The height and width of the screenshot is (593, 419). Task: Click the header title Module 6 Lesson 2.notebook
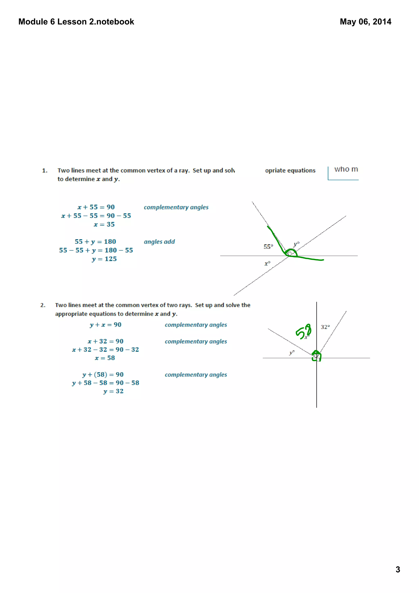tap(76, 22)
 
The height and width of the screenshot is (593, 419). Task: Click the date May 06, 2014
tap(365, 22)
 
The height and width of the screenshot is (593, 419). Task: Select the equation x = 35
tap(104, 224)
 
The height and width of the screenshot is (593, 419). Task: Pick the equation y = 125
tap(104, 259)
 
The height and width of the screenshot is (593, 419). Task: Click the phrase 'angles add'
tap(159, 242)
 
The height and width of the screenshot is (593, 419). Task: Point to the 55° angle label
tap(268, 247)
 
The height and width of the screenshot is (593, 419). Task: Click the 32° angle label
tap(325, 327)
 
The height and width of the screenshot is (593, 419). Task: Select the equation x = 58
tap(105, 358)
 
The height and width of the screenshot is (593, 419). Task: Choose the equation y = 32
tap(113, 391)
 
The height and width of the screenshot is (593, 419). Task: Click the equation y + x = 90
tap(105, 325)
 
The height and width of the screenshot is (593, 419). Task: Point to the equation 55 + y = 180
tap(95, 242)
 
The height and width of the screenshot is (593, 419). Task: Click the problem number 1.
tap(45, 170)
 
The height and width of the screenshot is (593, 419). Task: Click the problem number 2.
tap(43, 305)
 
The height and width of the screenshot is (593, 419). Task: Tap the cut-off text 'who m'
tap(346, 169)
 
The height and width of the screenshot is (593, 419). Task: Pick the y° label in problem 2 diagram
tap(292, 353)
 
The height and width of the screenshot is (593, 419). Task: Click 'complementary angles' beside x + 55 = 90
tap(176, 207)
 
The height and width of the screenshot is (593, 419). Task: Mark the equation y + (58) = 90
tap(103, 374)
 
